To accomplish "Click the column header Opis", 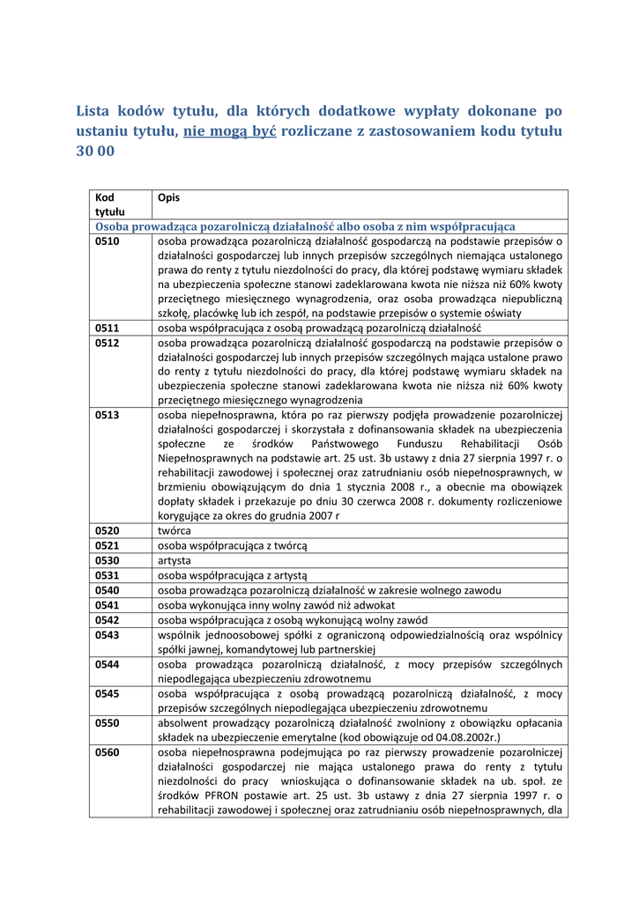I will tap(168, 197).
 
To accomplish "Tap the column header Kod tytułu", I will tap(109, 204).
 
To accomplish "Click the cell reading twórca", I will tap(174, 531).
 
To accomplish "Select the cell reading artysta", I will tap(175, 560).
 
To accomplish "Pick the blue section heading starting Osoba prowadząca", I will tap(305, 226).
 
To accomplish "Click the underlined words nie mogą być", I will tap(229, 131).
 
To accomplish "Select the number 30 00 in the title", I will tap(95, 151).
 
